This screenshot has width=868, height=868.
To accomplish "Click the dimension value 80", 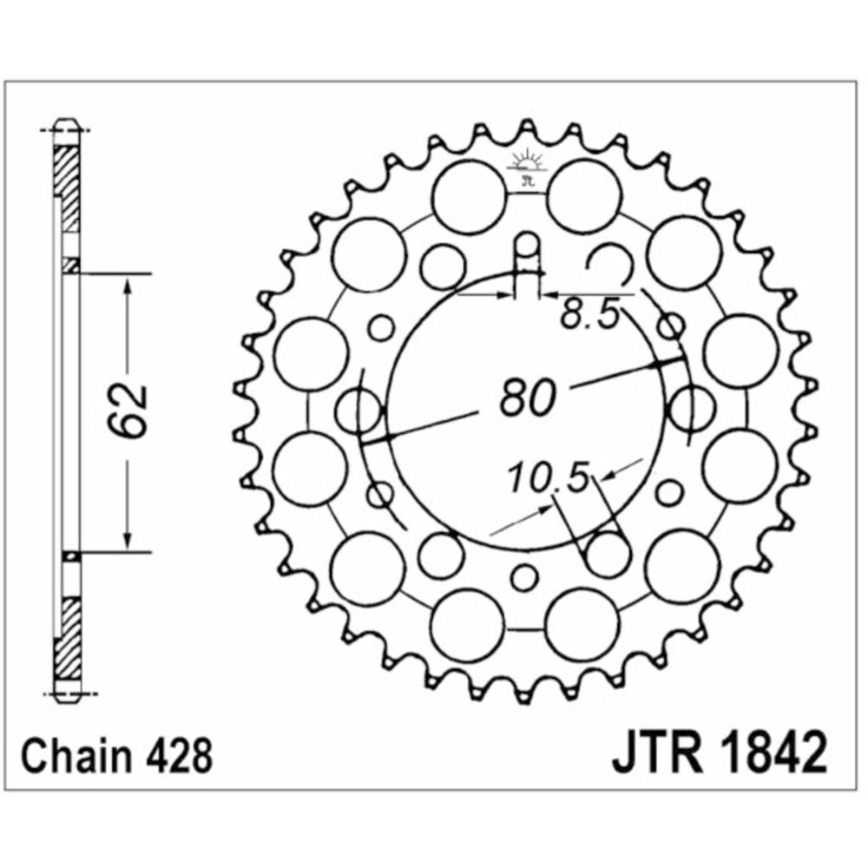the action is pos(527,397).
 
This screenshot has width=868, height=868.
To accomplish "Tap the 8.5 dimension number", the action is pos(589,314).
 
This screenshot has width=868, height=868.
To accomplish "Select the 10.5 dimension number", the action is pos(548,477).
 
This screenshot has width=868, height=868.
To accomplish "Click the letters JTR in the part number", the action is pos(657,751).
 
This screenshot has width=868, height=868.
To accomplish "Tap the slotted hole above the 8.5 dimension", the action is pos(527,260).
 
